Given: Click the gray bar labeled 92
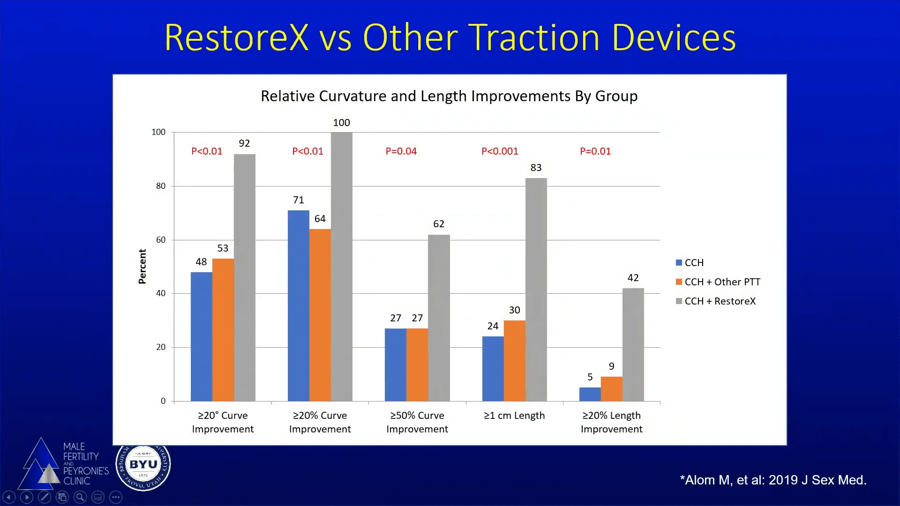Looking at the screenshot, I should tap(245, 277).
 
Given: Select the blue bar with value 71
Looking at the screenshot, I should tap(298, 305).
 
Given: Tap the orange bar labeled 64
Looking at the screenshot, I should tap(320, 315).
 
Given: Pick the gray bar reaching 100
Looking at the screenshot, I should tap(341, 266).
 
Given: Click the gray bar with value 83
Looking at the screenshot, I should tap(536, 290).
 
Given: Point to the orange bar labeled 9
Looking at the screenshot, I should tap(611, 389).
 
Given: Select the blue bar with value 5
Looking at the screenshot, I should tap(590, 394).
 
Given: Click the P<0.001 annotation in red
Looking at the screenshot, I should tap(500, 151).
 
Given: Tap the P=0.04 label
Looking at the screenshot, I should tap(401, 151).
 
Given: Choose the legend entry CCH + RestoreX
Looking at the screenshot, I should tap(720, 301).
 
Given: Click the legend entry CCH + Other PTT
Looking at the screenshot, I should tap(722, 282).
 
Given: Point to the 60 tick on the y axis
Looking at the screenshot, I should tap(161, 240).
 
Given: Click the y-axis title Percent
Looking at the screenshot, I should tap(142, 266).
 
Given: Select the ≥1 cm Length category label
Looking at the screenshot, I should tap(514, 416).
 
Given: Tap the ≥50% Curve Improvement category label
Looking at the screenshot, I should tap(417, 422).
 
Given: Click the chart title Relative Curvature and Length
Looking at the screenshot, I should tap(449, 96).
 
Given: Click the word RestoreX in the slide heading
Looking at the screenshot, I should tap(237, 37).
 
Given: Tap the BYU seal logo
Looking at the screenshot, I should tap(143, 464).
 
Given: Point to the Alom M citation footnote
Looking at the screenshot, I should tap(773, 480).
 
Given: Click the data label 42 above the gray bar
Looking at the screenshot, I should tap(633, 278).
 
